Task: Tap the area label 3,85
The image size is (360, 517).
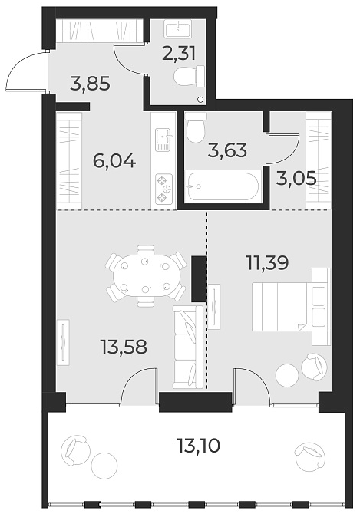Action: coord(90,83)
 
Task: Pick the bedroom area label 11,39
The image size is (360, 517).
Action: coord(266,264)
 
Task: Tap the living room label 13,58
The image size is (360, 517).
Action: coord(124,347)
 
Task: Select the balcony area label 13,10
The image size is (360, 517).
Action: coord(198,444)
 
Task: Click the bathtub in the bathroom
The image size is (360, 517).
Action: coord(223,186)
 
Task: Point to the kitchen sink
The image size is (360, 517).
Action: coord(163,139)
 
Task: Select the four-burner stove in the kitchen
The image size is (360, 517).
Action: coord(163,188)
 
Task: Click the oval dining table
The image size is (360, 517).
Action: coord(145,275)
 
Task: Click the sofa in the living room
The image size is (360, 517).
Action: coord(188,345)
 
